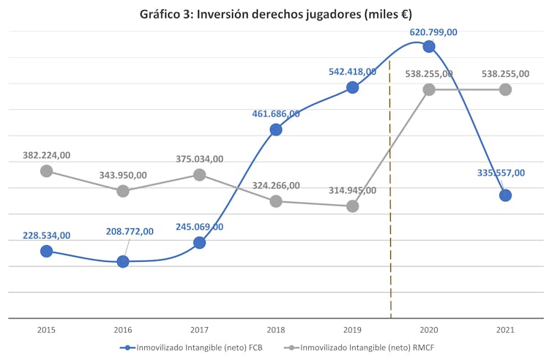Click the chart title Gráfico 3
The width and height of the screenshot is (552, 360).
pos(276,14)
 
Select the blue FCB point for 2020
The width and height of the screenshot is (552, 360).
pos(429,47)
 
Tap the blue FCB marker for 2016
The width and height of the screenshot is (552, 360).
pos(123,261)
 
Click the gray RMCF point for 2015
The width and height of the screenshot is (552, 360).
pos(47,170)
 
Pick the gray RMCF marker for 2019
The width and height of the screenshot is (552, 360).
pos(352,206)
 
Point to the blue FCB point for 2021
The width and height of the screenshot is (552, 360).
pos(505,195)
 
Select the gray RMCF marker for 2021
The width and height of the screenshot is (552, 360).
pos(505,89)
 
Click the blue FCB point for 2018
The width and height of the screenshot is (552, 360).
pos(276,130)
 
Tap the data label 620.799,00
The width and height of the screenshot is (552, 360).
pos(433,32)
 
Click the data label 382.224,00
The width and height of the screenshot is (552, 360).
pos(47,155)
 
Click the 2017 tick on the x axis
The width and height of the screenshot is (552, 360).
pos(199,330)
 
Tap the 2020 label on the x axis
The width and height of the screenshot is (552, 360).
pos(429,330)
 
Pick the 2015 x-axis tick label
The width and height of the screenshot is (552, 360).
pos(47,330)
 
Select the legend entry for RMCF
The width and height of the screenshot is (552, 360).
pos(363,347)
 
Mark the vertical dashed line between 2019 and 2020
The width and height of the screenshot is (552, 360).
pos(390,220)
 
